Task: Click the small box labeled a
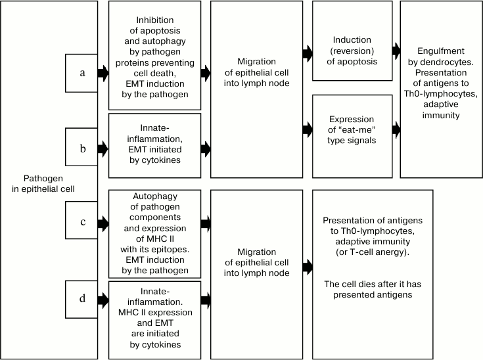(81, 73)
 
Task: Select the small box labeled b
(81, 148)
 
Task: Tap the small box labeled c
(81, 222)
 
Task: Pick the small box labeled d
(81, 299)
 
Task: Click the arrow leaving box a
(103, 73)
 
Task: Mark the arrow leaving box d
(103, 300)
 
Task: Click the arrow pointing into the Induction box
(308, 51)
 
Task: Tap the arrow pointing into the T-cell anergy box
(308, 266)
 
